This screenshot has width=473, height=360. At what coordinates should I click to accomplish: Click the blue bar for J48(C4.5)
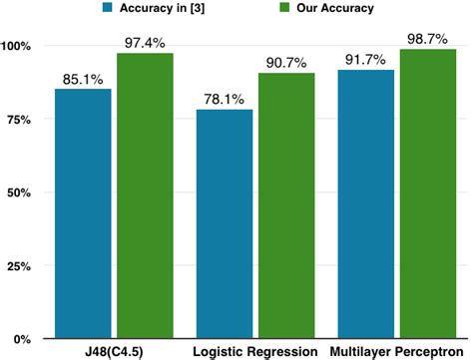[x=83, y=213]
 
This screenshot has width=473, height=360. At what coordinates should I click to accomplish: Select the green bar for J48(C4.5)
[x=145, y=195]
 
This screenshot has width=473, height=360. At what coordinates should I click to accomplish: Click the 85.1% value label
[x=83, y=78]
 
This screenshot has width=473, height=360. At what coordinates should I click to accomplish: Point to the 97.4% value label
[x=145, y=42]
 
